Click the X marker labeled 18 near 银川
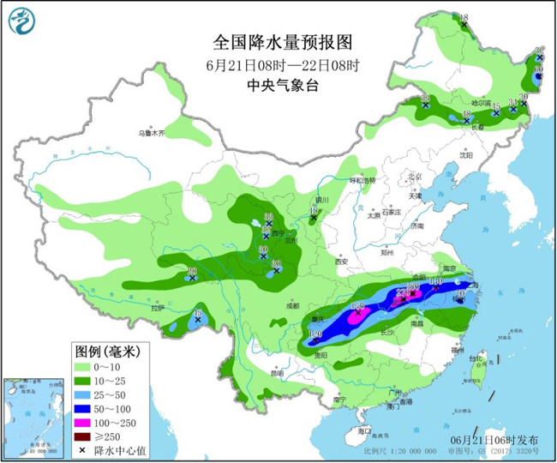[x=314, y=218]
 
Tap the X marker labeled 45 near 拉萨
[x=198, y=323]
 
